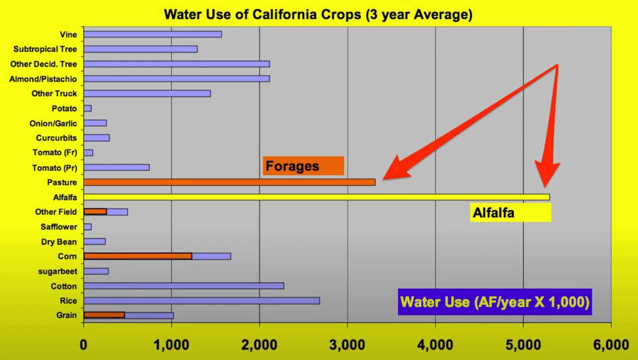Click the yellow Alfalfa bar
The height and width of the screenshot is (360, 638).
point(316,197)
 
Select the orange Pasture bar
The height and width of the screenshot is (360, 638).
point(229,182)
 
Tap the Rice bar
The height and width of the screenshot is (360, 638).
point(202,301)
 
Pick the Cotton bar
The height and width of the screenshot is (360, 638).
point(184,286)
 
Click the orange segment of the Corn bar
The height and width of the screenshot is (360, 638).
point(138,256)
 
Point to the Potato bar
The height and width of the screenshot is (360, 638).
point(88,108)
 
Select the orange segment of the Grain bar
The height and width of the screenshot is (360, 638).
point(104,316)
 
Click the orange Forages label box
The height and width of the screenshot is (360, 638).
point(303,166)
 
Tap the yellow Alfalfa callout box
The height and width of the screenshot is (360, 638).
point(511,212)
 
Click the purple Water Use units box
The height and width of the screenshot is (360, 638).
point(495,302)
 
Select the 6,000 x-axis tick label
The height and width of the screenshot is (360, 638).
point(611,345)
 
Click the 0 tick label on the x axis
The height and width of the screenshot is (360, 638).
point(84,345)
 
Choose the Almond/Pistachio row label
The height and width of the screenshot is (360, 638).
point(43,79)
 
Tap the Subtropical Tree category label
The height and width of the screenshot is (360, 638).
point(45,49)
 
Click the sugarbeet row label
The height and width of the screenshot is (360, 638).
point(58,271)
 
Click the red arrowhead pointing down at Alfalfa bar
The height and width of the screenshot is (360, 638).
point(547,174)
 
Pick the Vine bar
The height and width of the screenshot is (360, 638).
point(152,34)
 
